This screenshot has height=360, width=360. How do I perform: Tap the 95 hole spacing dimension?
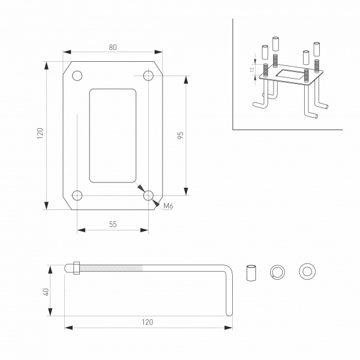pyautogui.click(x=180, y=135)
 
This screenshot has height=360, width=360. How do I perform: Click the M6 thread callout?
pyautogui.click(x=168, y=206)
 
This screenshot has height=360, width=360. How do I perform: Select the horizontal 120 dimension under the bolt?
pyautogui.click(x=148, y=322)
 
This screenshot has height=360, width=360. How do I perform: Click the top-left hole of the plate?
pyautogui.click(x=77, y=76)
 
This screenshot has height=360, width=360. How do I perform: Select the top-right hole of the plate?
pyautogui.click(x=148, y=76)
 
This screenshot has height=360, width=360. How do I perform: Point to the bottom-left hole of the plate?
pyautogui.click(x=77, y=195)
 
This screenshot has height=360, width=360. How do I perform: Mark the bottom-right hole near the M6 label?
pyautogui.click(x=148, y=195)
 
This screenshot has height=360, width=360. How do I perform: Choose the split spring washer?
pyautogui.click(x=278, y=271)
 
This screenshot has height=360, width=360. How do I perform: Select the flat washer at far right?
pyautogui.click(x=307, y=271)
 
